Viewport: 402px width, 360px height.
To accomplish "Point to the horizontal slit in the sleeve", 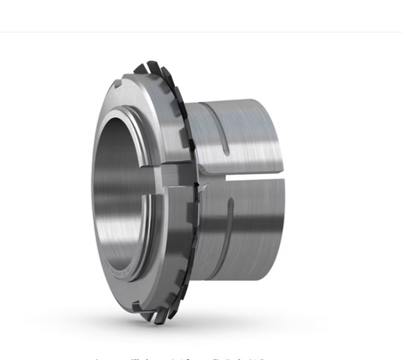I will click(x=243, y=178).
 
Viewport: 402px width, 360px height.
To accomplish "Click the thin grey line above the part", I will click(x=201, y=32).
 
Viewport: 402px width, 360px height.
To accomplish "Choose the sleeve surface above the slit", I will click(x=243, y=134).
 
